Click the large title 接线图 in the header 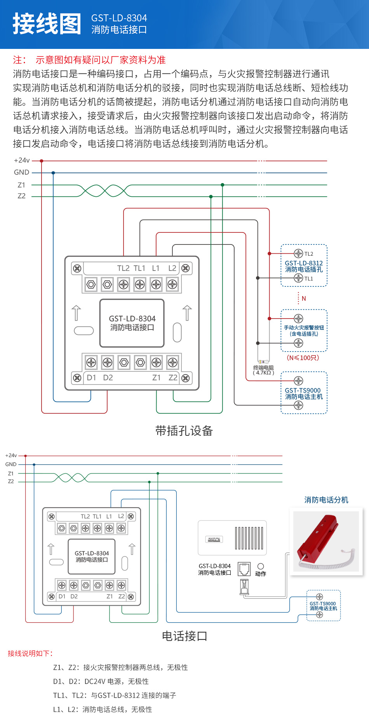coord(47,24)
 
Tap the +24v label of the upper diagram coord(22,160)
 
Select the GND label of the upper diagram coord(21,172)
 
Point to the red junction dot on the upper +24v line coord(42,161)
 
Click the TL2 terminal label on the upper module coord(123,268)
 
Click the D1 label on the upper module coord(91,378)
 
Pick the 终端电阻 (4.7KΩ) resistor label coord(263,370)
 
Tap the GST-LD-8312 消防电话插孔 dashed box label coord(304,266)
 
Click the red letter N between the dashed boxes coord(304,298)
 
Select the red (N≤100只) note coord(303,358)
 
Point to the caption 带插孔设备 coord(184,431)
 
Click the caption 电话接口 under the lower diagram coord(184,636)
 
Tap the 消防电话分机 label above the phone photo coord(326,500)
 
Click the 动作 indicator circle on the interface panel coord(261,567)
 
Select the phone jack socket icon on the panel coord(244,569)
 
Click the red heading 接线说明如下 coord(30,653)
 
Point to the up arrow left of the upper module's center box coord(77,313)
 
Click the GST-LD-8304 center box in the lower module coord(92,556)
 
